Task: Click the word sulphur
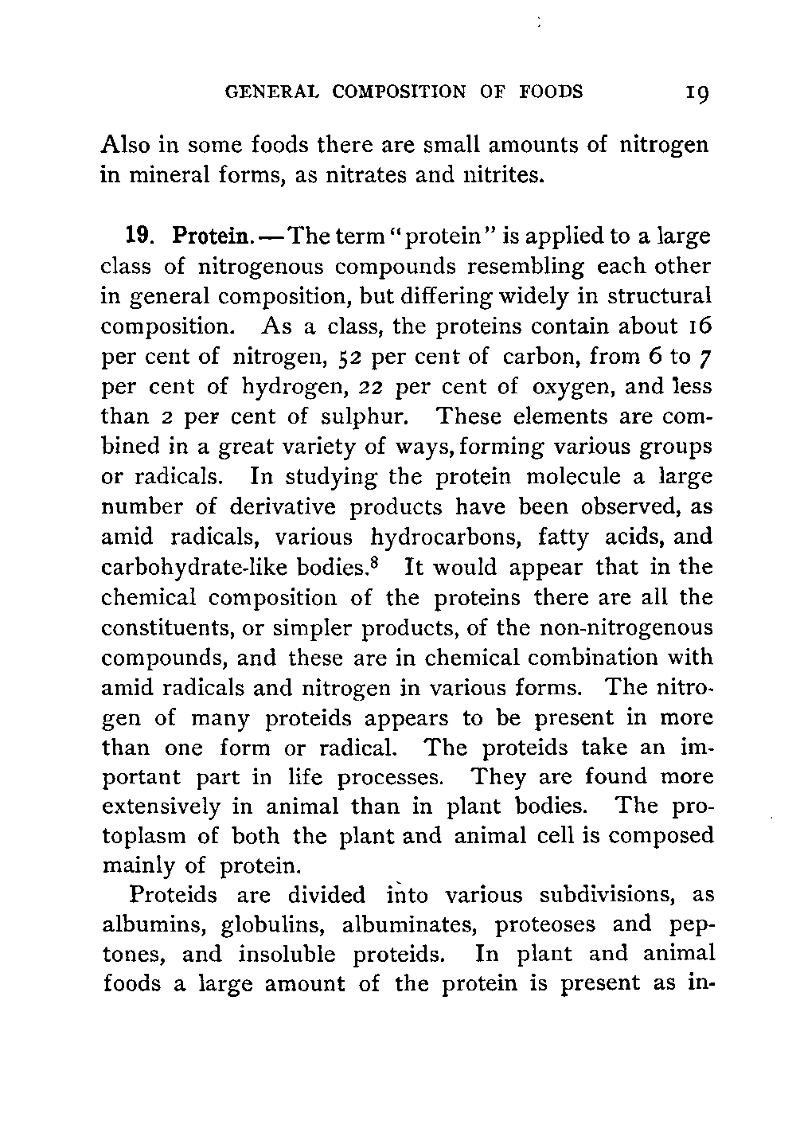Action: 371,417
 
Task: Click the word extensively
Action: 162,807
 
